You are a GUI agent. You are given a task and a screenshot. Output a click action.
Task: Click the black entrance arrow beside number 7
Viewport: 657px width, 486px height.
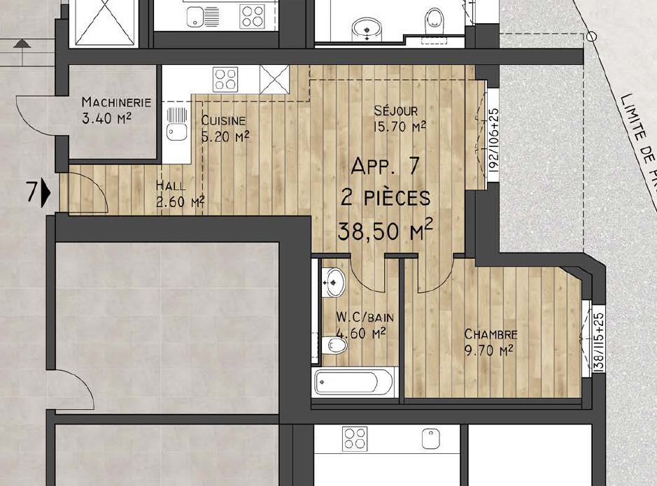[x=46, y=194]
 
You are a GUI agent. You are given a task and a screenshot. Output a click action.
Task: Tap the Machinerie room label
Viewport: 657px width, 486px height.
[x=116, y=102]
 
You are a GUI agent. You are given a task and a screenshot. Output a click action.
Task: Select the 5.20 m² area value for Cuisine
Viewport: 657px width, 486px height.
[x=225, y=136]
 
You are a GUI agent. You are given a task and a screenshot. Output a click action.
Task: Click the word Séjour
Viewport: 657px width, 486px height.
[x=396, y=110]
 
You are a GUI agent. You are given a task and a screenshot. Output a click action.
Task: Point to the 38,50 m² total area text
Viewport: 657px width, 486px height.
[x=386, y=230]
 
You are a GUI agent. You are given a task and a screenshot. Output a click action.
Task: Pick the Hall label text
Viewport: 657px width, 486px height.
[x=171, y=185]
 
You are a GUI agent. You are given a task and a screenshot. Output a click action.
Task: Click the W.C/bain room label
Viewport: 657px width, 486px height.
[x=365, y=317]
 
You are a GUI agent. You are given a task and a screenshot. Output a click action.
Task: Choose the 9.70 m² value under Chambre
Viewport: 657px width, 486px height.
[x=489, y=350]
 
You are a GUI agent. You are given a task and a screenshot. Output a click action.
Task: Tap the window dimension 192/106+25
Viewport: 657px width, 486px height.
[x=493, y=141]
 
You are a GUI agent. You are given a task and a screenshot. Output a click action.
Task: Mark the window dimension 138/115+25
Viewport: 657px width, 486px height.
[x=599, y=342]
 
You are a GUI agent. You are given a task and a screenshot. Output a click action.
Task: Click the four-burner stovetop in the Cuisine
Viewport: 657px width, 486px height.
[x=225, y=80]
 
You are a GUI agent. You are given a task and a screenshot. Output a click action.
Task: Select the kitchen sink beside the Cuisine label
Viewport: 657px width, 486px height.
[x=177, y=124]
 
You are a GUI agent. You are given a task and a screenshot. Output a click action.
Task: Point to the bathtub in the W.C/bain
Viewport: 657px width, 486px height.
[x=354, y=382]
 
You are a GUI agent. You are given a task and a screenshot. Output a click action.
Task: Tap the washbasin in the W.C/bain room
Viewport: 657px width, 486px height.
[x=334, y=282]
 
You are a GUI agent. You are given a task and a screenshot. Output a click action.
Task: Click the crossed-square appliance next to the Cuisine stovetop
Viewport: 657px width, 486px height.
[x=274, y=80]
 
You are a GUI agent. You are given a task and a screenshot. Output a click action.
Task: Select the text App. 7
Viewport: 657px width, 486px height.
[x=385, y=166]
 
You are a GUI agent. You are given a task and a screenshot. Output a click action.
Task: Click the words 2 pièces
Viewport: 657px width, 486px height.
[x=386, y=198]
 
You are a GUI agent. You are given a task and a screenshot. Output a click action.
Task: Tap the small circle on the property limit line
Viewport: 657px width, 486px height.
[x=591, y=37]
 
